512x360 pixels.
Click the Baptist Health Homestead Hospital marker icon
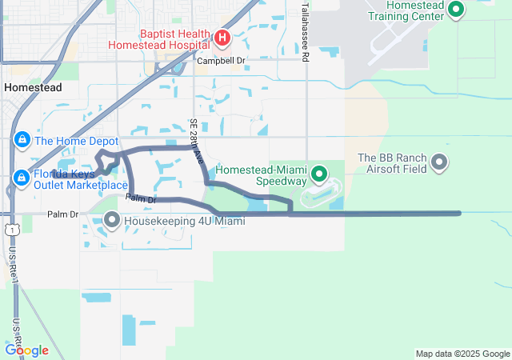pyautogui.click(x=222, y=37)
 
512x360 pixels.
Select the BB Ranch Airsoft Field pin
pyautogui.click(x=439, y=162)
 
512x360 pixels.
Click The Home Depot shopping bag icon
pyautogui.click(x=22, y=141)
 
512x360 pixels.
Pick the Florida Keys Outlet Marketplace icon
pyautogui.click(x=22, y=177)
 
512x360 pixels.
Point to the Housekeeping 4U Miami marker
pyautogui.click(x=111, y=218)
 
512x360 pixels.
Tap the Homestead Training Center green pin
pyautogui.click(x=456, y=10)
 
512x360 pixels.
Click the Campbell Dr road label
pyautogui.click(x=221, y=60)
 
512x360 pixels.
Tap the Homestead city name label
pyautogui.click(x=31, y=87)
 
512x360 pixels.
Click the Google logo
pyautogui.click(x=26, y=350)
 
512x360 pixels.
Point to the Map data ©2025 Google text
pyautogui.click(x=462, y=354)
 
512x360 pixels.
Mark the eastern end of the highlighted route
pyautogui.click(x=460, y=213)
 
